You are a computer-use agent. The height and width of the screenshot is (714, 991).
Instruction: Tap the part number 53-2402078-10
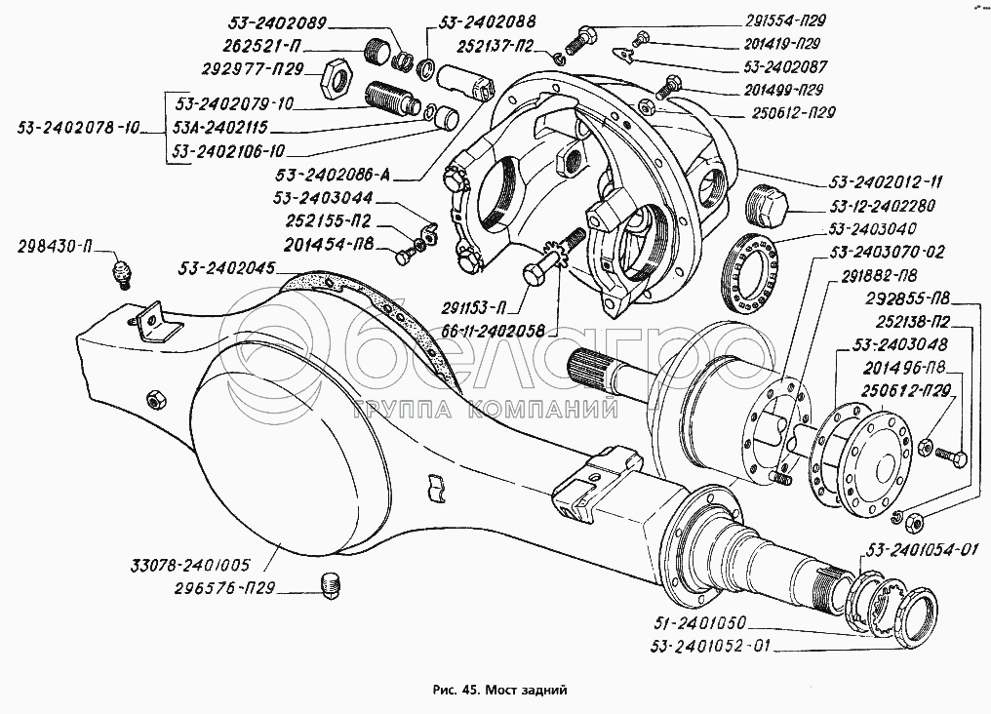point(80,127)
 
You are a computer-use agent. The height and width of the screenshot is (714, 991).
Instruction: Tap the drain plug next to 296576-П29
point(332,586)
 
